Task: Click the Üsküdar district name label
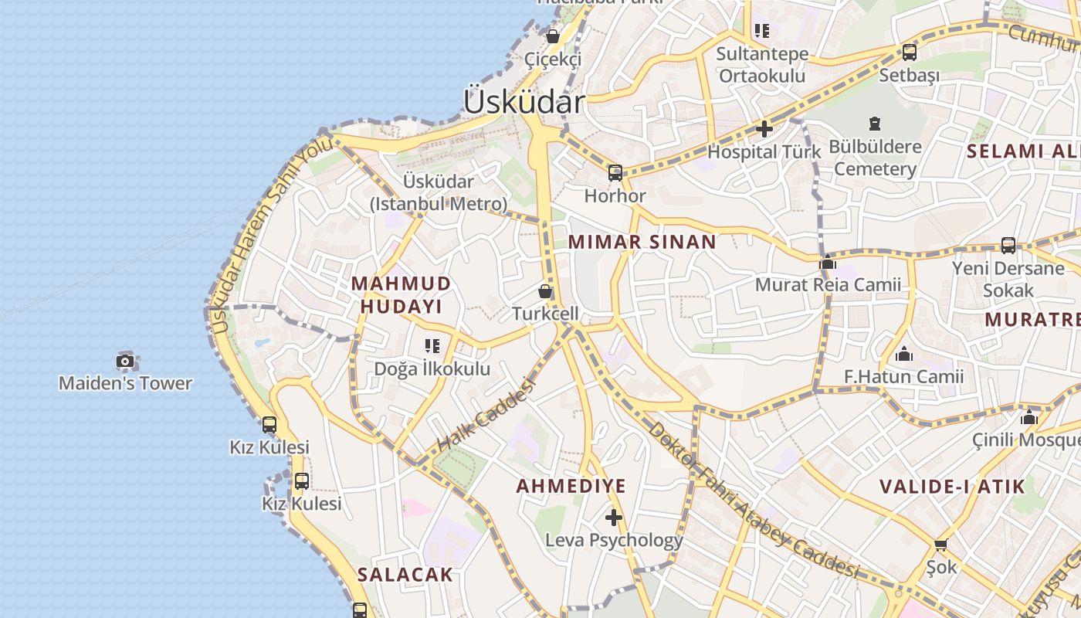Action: coord(524,101)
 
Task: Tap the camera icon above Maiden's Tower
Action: coord(125,361)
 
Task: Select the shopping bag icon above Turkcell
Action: coord(545,291)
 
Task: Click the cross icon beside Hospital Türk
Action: coord(764,129)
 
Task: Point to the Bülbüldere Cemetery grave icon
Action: coord(875,124)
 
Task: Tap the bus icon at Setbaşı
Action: coord(910,53)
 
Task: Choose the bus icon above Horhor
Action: coord(615,173)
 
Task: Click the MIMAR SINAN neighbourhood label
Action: coord(642,242)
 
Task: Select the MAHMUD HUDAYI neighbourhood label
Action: coord(401,294)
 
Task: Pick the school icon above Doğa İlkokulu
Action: coord(432,346)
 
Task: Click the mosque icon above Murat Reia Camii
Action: coord(828,262)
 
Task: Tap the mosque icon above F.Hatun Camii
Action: coord(903,355)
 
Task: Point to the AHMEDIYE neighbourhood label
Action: coord(571,487)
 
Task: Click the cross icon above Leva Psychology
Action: coord(614,517)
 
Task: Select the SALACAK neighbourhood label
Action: coord(405,575)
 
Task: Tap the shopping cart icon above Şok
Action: coord(941,545)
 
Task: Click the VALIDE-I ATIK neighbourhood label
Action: coord(952,487)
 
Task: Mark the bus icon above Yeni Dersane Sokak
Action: coord(1008,246)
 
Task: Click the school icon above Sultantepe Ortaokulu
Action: coord(762,32)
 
